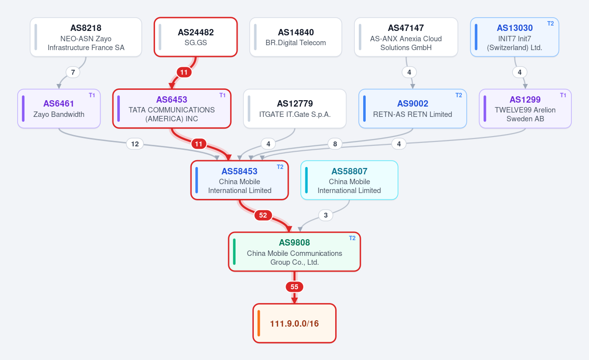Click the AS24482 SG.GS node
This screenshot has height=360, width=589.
click(x=196, y=37)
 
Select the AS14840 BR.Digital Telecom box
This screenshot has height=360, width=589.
click(x=295, y=37)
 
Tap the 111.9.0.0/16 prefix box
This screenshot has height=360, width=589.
click(x=294, y=323)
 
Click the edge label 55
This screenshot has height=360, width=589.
click(x=294, y=287)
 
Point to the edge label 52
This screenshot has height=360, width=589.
click(x=263, y=215)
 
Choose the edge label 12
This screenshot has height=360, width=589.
click(x=135, y=144)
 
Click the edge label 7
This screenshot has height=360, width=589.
click(x=73, y=72)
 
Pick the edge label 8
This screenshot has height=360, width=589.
click(x=335, y=144)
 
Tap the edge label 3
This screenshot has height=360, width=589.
click(x=326, y=215)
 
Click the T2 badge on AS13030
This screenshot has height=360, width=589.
click(x=550, y=24)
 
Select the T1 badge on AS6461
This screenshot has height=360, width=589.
click(x=92, y=95)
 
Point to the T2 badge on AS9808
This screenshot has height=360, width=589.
click(x=352, y=238)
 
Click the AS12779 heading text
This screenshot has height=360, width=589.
click(x=295, y=104)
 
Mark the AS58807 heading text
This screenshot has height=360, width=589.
click(x=349, y=171)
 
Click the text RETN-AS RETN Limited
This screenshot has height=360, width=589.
click(x=413, y=114)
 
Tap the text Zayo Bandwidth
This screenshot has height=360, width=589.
click(x=59, y=114)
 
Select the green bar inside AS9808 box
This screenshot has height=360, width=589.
click(x=234, y=251)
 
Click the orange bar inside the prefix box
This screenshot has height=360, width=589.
click(x=259, y=323)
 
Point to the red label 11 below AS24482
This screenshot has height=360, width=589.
click(x=184, y=72)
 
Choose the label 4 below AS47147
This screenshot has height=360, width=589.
click(x=409, y=72)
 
